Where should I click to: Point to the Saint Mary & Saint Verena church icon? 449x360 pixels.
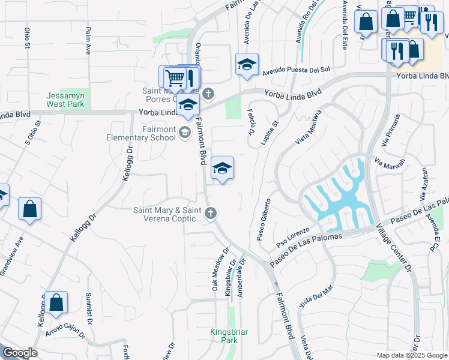click(x=210, y=213)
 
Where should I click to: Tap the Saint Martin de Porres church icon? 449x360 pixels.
click(x=208, y=94)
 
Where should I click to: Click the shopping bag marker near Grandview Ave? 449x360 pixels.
click(x=29, y=209)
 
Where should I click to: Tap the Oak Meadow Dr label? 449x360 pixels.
click(x=219, y=270)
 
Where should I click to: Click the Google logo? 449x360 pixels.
click(x=20, y=353)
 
